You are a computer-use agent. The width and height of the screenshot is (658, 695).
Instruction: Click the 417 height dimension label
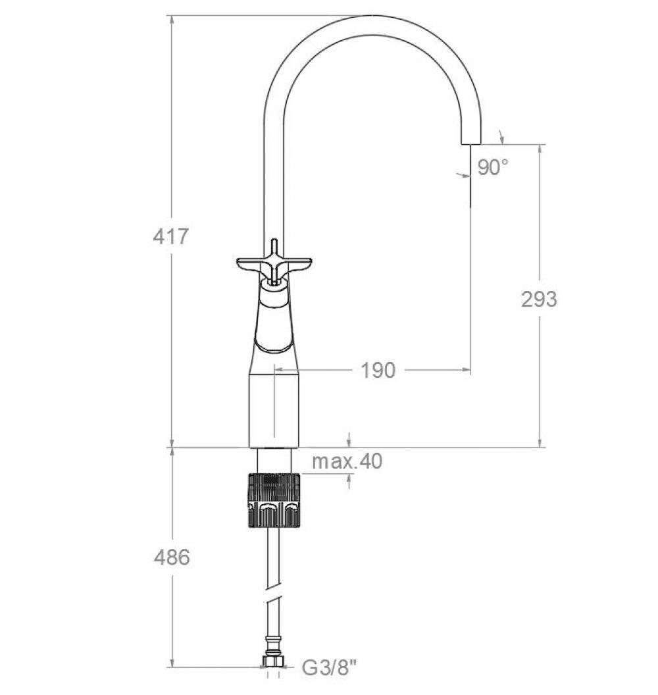coord(170,236)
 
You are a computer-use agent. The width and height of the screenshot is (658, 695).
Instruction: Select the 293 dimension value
coord(538,299)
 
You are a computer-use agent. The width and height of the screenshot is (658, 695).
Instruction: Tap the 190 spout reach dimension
coord(378,371)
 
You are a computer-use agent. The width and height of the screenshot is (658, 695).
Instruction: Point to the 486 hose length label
coord(171,557)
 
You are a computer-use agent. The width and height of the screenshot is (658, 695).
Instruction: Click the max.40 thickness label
coord(347,461)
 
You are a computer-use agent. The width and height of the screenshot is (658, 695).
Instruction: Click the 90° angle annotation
coord(493,168)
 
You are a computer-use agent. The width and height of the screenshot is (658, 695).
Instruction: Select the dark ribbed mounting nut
coord(273,500)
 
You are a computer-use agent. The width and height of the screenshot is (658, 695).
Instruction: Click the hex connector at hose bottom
coord(274,660)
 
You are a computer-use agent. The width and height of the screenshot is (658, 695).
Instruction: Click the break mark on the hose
coord(274,602)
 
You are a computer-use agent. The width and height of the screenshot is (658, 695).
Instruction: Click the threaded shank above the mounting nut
coord(274,461)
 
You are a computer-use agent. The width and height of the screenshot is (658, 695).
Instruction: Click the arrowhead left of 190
coord(279,371)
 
